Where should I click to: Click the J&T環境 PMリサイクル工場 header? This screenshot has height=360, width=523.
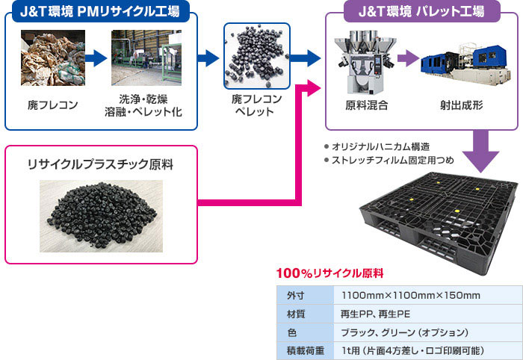click(101, 11)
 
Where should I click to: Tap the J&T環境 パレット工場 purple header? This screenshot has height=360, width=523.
click(422, 11)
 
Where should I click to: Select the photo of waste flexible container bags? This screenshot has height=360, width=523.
click(53, 58)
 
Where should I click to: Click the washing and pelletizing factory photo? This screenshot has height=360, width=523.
click(146, 58)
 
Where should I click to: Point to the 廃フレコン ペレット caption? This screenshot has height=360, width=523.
click(256, 105)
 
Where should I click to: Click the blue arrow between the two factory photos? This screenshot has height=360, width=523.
click(96, 58)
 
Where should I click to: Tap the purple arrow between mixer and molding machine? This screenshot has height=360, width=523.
click(408, 58)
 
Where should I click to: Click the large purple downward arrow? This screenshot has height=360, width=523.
click(480, 151)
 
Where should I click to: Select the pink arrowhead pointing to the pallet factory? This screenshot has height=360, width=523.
click(314, 87)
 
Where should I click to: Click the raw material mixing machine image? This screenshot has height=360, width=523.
click(366, 62)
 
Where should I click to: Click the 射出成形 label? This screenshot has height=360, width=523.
click(461, 105)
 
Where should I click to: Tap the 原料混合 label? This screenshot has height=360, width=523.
click(367, 105)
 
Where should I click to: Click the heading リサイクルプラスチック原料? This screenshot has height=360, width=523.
click(100, 164)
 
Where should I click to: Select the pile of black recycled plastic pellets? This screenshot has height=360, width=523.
click(102, 216)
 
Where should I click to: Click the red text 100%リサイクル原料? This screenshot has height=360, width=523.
click(330, 273)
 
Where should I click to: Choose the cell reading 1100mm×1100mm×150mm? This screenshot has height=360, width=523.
click(411, 295)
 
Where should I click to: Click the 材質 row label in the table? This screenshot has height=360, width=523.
click(296, 314)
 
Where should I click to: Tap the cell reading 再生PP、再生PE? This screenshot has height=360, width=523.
click(375, 314)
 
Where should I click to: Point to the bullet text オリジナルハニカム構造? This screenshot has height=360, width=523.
click(380, 146)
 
